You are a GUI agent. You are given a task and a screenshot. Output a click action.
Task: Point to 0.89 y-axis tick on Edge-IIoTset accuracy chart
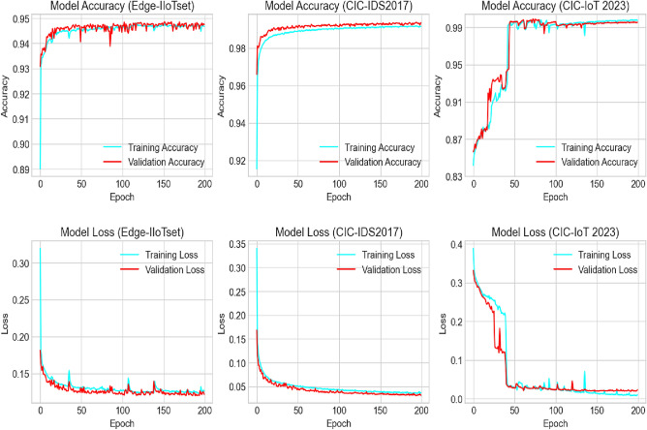[21, 170]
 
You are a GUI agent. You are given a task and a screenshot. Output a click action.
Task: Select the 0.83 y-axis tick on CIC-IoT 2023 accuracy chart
[452, 177]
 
